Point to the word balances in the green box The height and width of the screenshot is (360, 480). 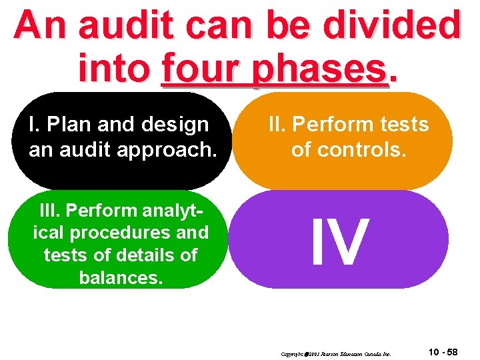tap(120, 277)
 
